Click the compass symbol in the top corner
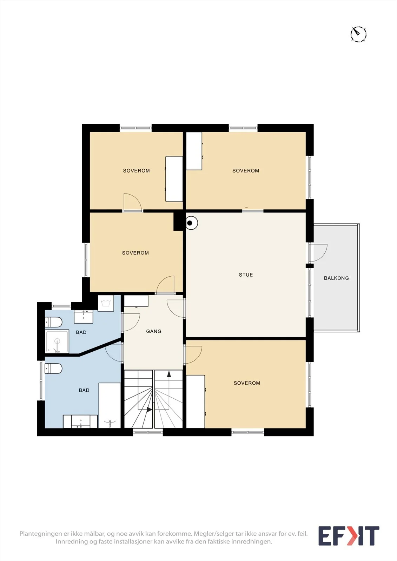358,34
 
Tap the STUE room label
246,275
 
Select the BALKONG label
336,278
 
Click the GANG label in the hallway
154,331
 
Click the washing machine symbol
106,303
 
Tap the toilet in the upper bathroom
53,322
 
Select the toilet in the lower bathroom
53,369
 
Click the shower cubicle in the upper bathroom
57,342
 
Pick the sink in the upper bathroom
84,317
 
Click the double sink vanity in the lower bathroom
80,421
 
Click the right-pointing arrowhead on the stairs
149,410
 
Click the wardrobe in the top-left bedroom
174,179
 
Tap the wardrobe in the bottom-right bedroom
196,401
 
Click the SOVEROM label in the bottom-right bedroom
247,383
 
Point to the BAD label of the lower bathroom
84,390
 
